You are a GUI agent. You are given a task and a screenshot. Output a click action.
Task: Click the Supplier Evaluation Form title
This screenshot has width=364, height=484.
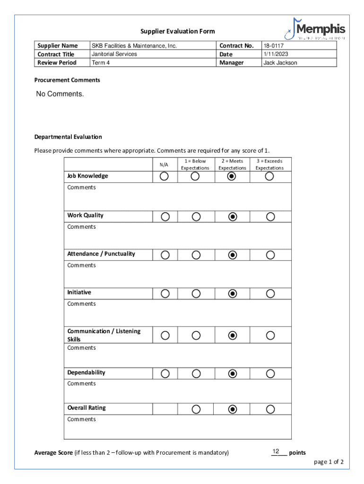(178, 31)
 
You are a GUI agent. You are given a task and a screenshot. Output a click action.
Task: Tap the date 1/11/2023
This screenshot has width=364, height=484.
(276, 54)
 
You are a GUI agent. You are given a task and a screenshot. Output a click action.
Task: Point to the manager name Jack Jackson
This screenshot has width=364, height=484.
(280, 62)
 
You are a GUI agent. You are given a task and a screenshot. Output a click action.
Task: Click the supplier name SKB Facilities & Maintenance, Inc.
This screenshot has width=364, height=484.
(134, 46)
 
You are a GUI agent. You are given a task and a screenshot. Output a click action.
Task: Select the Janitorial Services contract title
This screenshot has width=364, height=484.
(114, 54)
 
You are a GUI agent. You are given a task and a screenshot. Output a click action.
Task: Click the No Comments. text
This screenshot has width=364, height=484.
(60, 94)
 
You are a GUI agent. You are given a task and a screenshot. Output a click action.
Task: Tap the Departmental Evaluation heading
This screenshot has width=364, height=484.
(68, 137)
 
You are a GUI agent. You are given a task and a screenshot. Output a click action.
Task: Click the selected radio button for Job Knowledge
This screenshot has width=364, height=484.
(232, 176)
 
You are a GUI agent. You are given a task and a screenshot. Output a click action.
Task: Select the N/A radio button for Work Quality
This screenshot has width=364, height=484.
(165, 216)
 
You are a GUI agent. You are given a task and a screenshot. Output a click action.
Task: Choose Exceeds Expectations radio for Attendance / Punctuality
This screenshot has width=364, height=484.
(270, 255)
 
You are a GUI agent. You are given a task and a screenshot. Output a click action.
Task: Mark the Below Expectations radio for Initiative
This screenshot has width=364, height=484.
(196, 294)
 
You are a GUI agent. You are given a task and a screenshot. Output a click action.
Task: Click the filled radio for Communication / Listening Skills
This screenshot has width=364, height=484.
(232, 336)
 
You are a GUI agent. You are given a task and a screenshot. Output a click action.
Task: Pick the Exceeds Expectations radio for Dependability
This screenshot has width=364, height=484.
(270, 374)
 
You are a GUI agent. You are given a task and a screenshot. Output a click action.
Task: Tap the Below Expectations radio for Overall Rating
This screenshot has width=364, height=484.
(196, 409)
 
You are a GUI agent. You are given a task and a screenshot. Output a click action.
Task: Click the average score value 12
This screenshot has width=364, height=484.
(276, 451)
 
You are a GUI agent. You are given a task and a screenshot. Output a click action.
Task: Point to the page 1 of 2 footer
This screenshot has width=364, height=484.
(329, 462)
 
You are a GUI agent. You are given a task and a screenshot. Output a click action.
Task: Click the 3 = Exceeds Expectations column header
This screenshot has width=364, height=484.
(269, 164)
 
